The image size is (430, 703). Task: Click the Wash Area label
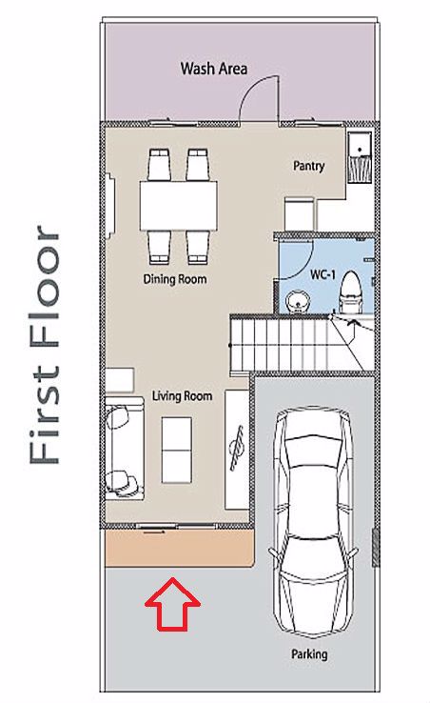tap(214, 69)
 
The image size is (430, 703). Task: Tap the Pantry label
tap(308, 166)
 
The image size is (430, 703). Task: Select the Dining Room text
tap(175, 279)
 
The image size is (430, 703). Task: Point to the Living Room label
tap(182, 396)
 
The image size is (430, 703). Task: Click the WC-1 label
tap(322, 274)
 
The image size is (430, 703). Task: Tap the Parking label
tap(309, 654)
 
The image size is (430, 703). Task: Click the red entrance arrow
tap(172, 604)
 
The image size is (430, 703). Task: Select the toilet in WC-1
tap(351, 292)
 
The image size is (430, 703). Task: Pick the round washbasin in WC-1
tap(296, 301)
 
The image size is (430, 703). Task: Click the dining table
tap(178, 206)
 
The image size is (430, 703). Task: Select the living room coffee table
tap(177, 451)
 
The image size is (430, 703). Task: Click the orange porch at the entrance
tap(179, 549)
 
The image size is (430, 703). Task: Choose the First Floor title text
tap(45, 344)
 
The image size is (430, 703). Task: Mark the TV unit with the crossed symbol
tap(237, 450)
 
